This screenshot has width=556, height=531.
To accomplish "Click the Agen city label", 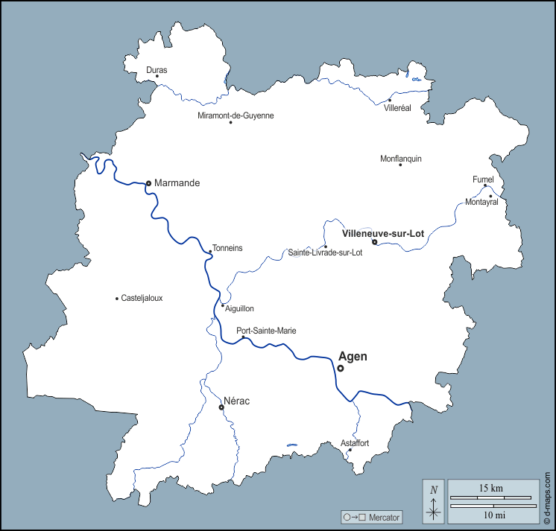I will coord(353,357).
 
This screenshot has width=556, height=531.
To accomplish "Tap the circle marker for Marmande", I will coord(148,183).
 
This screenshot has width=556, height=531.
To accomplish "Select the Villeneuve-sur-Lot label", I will coord(382,233).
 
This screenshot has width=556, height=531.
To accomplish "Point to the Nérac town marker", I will coord(221,407).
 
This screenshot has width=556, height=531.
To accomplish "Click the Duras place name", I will coord(157,70).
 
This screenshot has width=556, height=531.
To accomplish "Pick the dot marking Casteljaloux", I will coord(117,299).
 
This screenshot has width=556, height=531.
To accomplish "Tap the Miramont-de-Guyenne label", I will coord(236,115).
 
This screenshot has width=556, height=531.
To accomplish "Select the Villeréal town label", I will coord(397,108).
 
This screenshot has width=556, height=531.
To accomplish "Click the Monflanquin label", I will coord(401,158).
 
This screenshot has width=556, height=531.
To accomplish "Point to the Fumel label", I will coord(483,179).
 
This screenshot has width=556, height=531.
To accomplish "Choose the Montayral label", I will coord(481,202).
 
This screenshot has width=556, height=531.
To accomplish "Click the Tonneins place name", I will coord(227,248).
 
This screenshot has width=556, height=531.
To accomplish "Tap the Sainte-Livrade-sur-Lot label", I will coord(326,253).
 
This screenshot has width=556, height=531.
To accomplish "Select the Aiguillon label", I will coord(239,308).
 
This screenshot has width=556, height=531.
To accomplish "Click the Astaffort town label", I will coord(355,443).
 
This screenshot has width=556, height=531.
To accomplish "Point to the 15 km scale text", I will coord(492,488).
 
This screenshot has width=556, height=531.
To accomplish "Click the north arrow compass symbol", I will coord(433,501).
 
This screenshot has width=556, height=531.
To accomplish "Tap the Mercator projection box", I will coord(371,517).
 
